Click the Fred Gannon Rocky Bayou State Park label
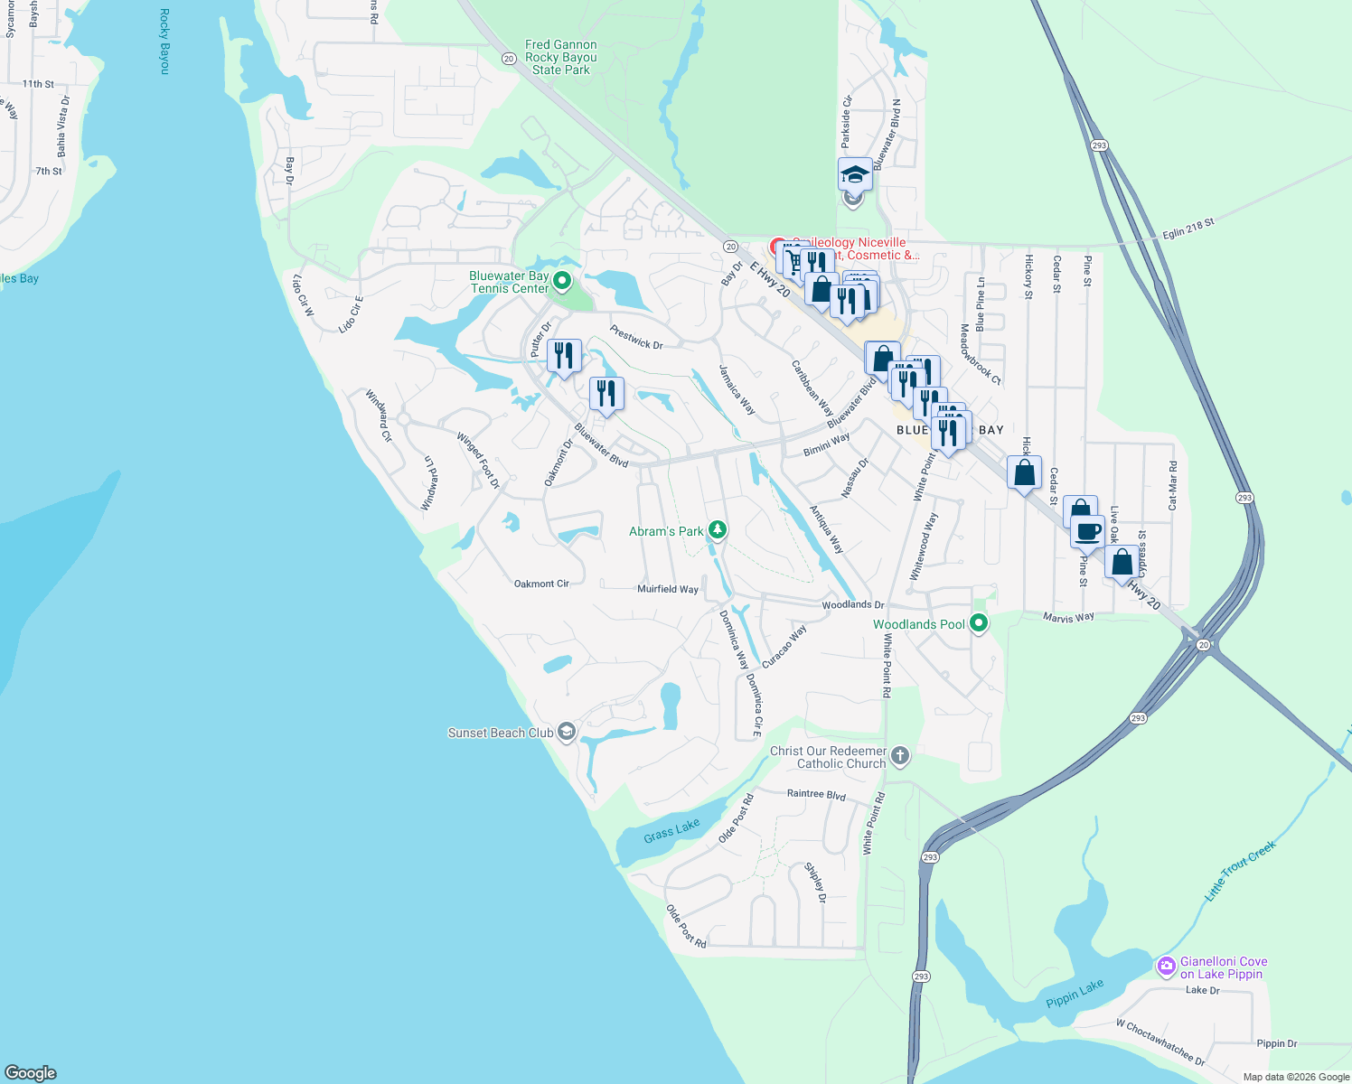pyautogui.click(x=560, y=57)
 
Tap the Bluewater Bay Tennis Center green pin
pyautogui.click(x=561, y=281)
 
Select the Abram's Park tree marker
pyautogui.click(x=717, y=529)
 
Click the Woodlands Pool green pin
pyautogui.click(x=978, y=622)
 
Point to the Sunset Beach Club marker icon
pyautogui.click(x=567, y=732)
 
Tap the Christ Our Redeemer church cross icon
pyautogui.click(x=899, y=755)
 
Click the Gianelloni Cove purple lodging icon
pyautogui.click(x=1166, y=967)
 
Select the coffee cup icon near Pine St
pyautogui.click(x=1088, y=530)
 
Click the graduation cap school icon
pyautogui.click(x=854, y=173)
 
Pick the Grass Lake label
pyautogui.click(x=671, y=830)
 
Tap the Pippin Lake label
pyautogui.click(x=1075, y=994)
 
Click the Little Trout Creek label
pyautogui.click(x=1240, y=870)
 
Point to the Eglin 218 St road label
pyautogui.click(x=1188, y=229)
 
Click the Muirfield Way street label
pyautogui.click(x=668, y=589)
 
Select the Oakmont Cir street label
pyautogui.click(x=541, y=584)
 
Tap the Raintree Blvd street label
pyautogui.click(x=816, y=794)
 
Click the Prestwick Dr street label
pyautogui.click(x=636, y=337)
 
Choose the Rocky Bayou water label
pyautogui.click(x=164, y=41)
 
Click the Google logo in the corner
pyautogui.click(x=31, y=1073)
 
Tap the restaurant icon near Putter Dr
pyautogui.click(x=564, y=355)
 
